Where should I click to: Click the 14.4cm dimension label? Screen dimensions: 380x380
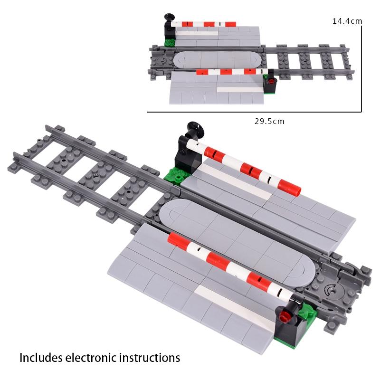point(347,21)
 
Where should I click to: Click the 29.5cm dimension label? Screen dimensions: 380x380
point(268,121)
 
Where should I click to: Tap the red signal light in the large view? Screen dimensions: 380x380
point(285,315)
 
